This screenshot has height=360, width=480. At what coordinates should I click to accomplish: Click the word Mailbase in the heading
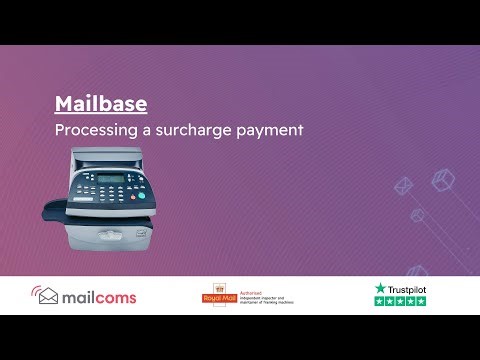100,104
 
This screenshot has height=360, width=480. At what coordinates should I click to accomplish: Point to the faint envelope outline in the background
421,225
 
